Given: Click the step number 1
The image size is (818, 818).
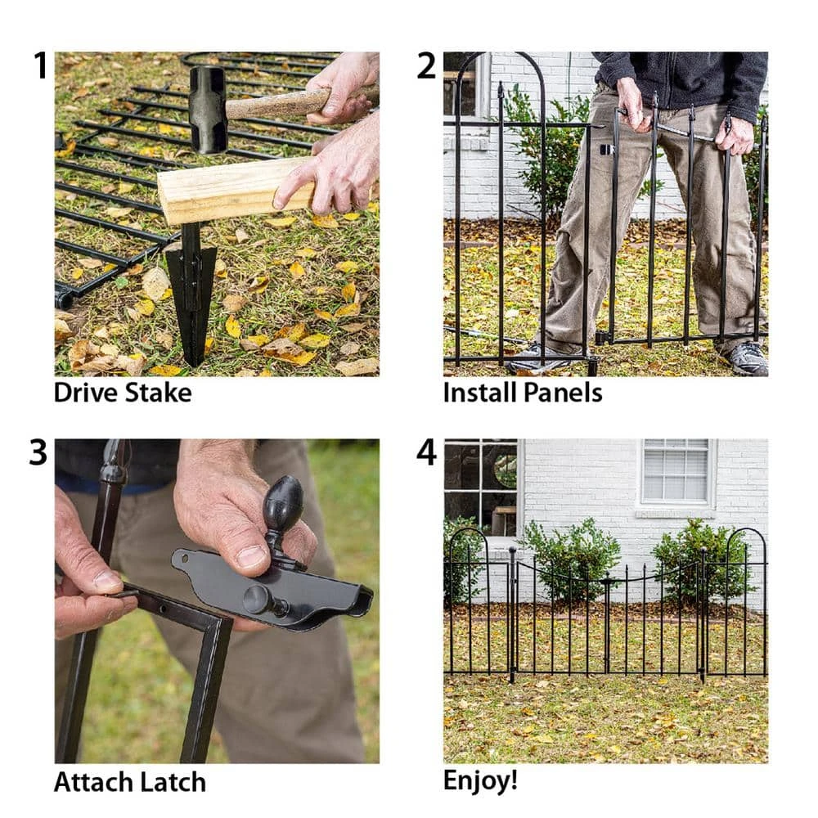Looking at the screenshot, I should (40, 65).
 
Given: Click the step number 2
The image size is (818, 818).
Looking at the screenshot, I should (426, 65).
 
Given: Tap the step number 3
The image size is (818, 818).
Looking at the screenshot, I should (38, 453).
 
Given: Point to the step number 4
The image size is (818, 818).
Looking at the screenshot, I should (427, 453).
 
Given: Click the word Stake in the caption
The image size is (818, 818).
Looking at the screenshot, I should (158, 393).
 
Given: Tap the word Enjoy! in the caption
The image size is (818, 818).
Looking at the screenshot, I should (480, 780).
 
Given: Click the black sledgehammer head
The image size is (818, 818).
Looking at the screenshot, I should (208, 109).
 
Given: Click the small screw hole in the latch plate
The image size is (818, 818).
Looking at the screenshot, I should (188, 562).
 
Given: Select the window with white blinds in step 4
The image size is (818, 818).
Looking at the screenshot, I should (675, 472).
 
